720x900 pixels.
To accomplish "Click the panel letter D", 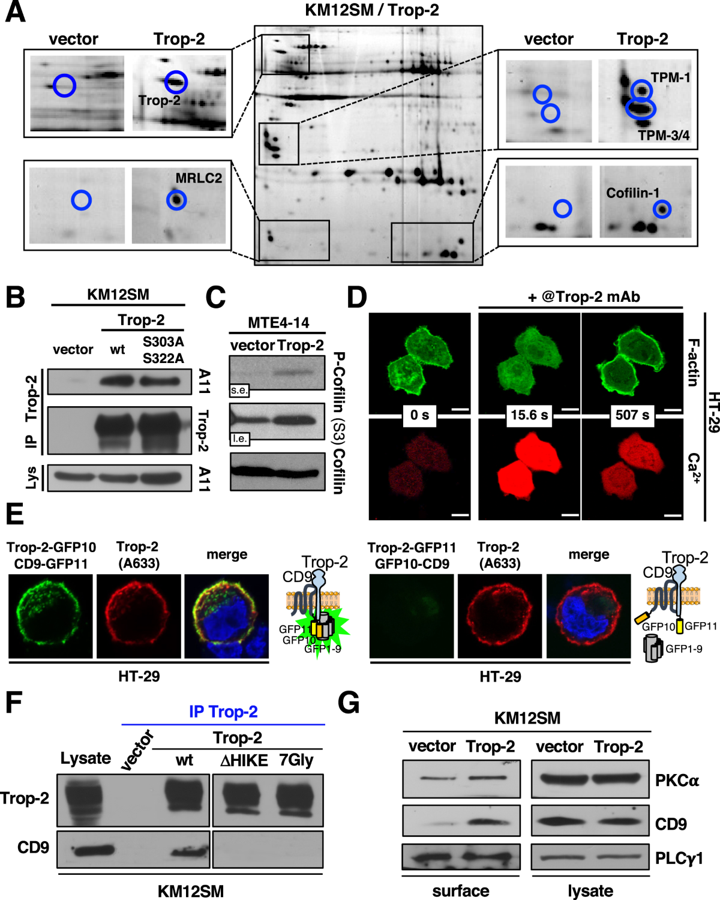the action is (x=357, y=297).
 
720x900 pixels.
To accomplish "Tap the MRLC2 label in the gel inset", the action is (x=199, y=178).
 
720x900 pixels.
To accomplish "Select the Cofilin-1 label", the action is (x=632, y=193).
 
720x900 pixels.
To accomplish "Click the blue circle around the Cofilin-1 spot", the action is (x=662, y=209).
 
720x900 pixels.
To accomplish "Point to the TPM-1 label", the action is (x=671, y=77).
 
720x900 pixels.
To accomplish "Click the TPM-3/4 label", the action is (x=664, y=136).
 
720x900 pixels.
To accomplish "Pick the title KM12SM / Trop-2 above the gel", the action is (x=372, y=10).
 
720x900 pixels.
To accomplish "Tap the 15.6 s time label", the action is (x=529, y=415).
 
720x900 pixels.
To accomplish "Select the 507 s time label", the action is (x=632, y=415).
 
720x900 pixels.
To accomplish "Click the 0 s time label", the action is (x=419, y=415).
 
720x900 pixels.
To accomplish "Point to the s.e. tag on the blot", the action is (x=239, y=390).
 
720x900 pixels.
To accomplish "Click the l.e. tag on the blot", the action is (x=239, y=439).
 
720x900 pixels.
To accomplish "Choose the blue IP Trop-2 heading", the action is (x=223, y=712).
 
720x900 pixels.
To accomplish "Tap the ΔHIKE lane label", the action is (x=244, y=761).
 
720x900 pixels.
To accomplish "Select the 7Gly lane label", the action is (x=296, y=760).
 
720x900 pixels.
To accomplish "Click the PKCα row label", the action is (x=677, y=781).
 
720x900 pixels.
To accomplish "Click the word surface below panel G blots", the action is (x=461, y=891).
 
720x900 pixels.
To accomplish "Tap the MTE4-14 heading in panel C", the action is (x=278, y=323).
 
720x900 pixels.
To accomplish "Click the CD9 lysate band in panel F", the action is (x=93, y=850).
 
